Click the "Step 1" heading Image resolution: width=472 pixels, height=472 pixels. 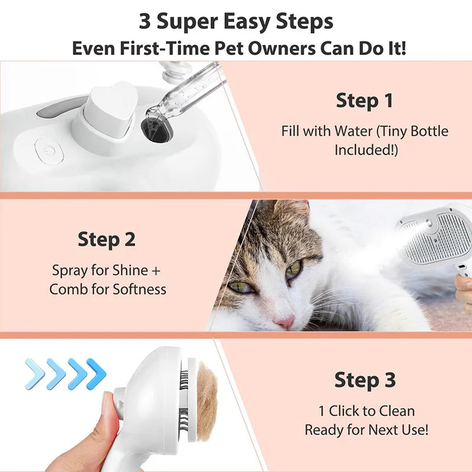tap(364, 100)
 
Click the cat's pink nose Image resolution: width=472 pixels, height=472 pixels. tap(285, 322)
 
